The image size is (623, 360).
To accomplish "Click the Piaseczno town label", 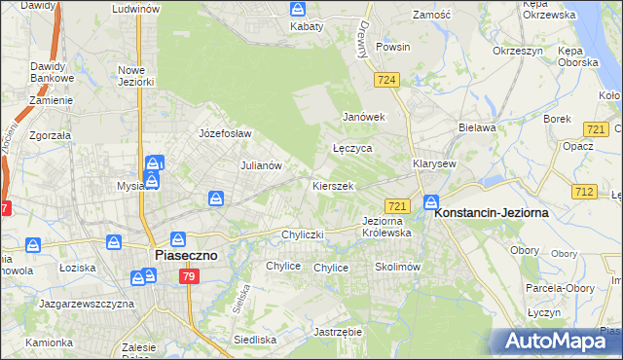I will pyautogui.click(x=188, y=255).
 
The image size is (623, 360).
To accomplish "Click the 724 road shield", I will pyautogui.click(x=387, y=80).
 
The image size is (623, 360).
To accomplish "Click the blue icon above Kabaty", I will pyautogui.click(x=298, y=9).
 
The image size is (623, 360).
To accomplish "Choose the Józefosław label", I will pyautogui.click(x=225, y=133).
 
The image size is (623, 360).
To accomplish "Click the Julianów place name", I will pyautogui.click(x=261, y=165).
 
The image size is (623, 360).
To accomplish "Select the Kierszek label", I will pyautogui.click(x=332, y=185).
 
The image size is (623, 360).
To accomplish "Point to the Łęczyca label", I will pyautogui.click(x=352, y=149).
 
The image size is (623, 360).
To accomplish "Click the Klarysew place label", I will pyautogui.click(x=434, y=163).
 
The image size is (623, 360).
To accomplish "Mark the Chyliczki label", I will pyautogui.click(x=301, y=234).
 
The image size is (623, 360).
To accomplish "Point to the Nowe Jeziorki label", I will pyautogui.click(x=136, y=76).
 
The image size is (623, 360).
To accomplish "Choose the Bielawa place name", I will pyautogui.click(x=478, y=126).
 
